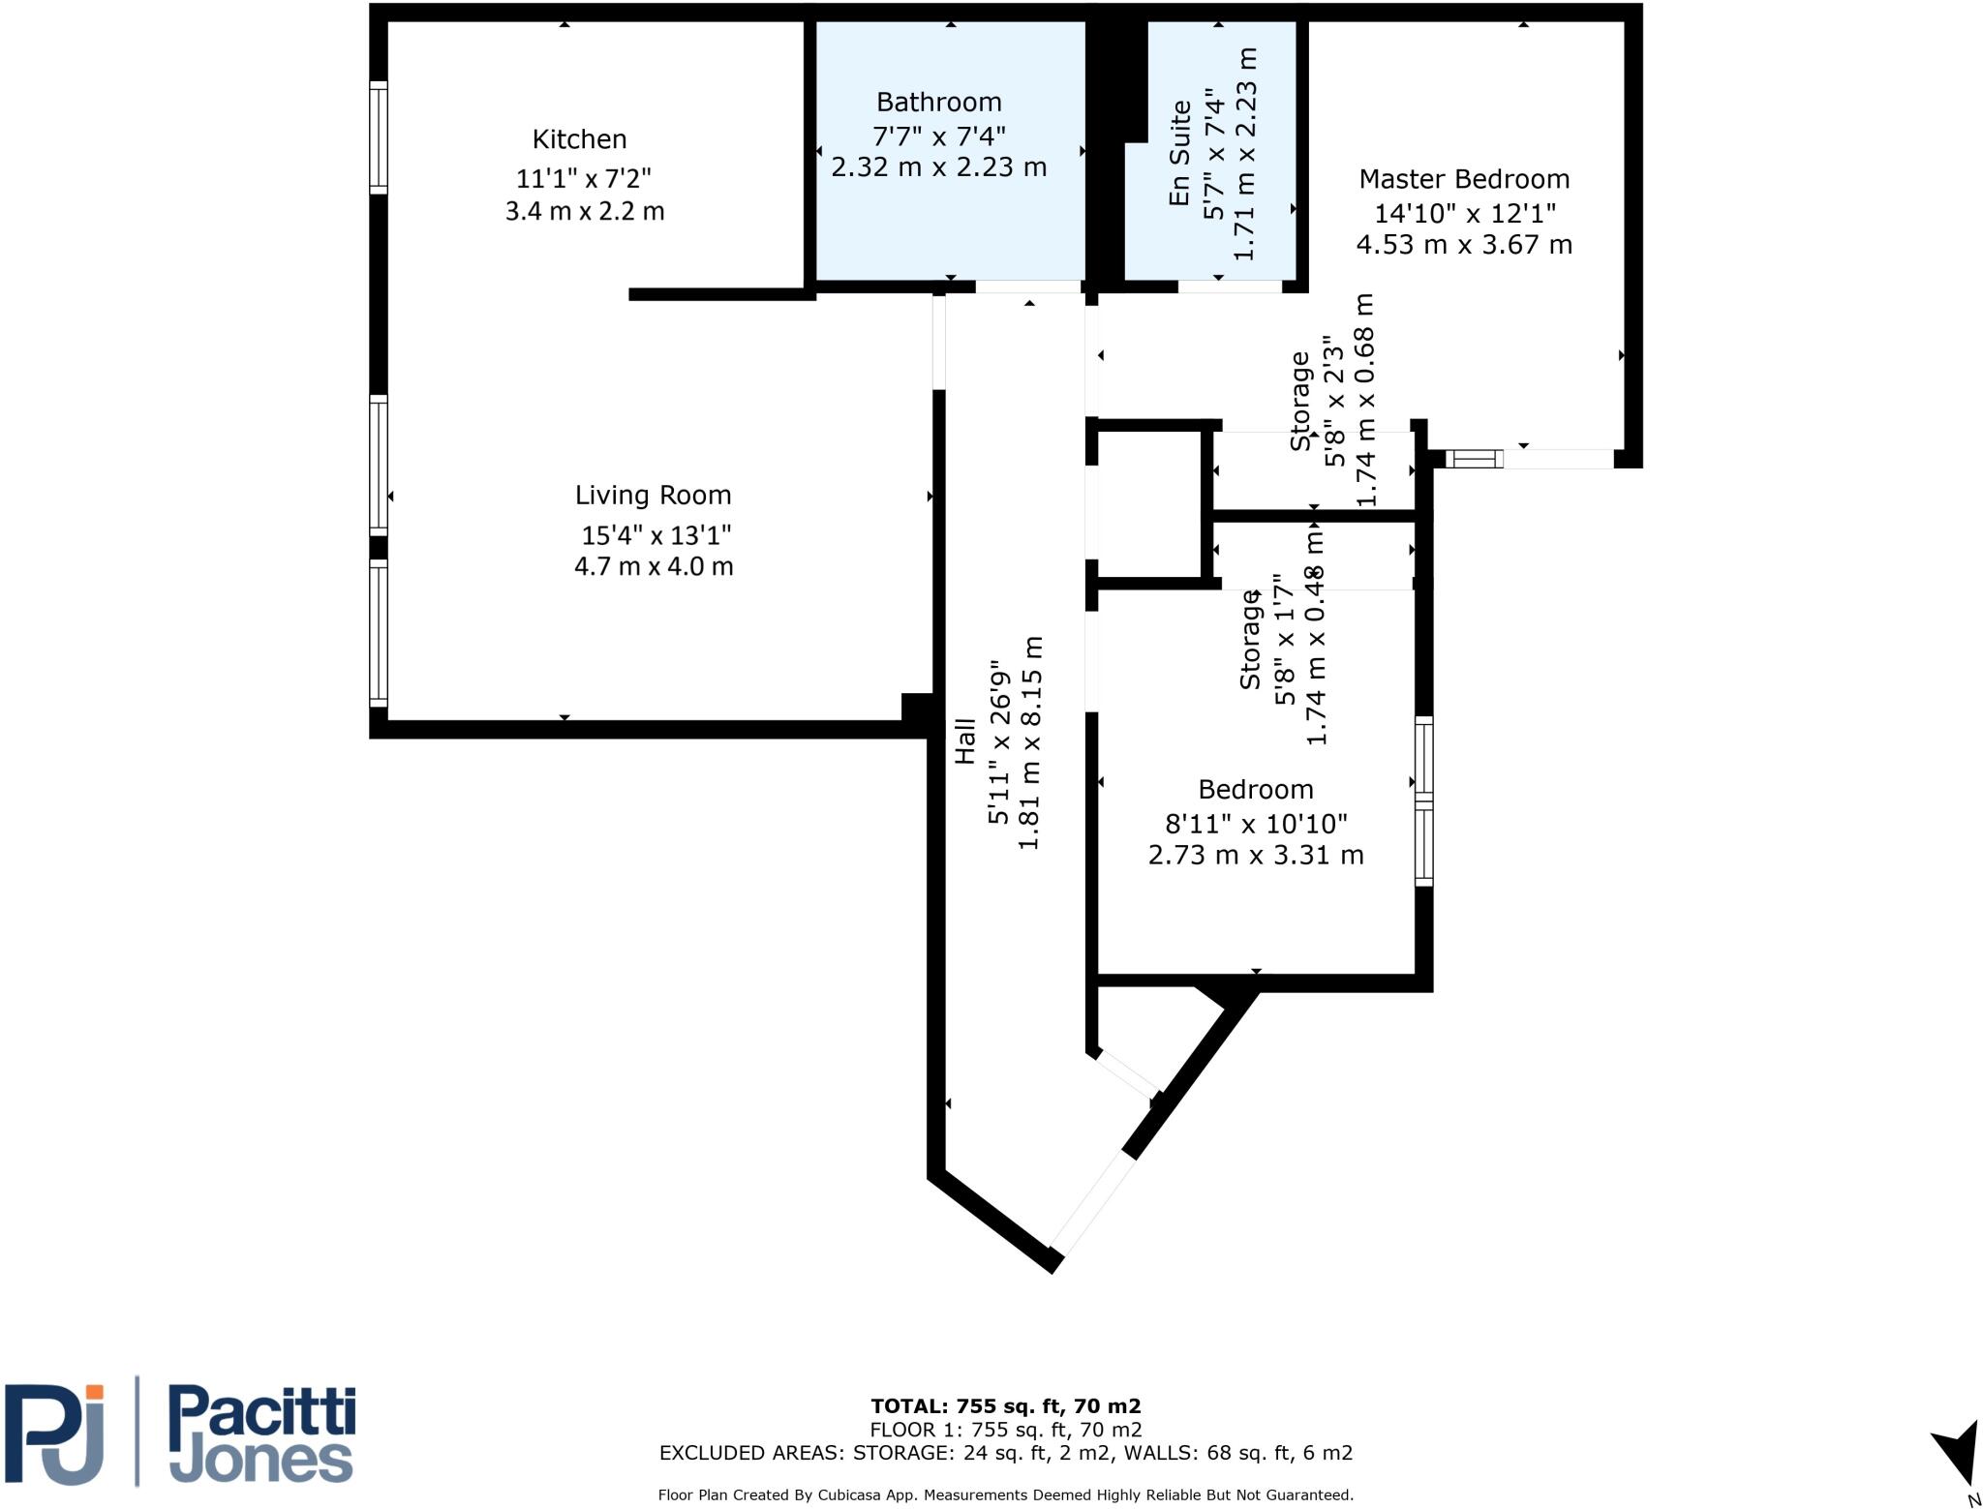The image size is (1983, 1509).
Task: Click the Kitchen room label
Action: tap(579, 139)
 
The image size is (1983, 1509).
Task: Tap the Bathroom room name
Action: tap(938, 102)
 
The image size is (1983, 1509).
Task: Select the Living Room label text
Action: tap(653, 496)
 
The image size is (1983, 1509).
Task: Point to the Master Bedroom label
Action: tap(1464, 179)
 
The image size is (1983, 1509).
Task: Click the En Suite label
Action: tap(1179, 153)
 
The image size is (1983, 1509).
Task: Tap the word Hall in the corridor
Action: tap(964, 740)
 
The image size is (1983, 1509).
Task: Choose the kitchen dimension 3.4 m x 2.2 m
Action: tap(585, 211)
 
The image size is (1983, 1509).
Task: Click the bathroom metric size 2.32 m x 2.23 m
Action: tap(939, 167)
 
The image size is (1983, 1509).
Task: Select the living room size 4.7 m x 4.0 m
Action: tap(654, 566)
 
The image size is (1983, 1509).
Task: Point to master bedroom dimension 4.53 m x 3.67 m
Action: tap(1464, 245)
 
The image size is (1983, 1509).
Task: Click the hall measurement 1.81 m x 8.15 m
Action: tap(1030, 743)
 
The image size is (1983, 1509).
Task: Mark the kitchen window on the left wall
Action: tap(379, 137)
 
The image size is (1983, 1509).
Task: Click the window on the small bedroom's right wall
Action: tap(1424, 800)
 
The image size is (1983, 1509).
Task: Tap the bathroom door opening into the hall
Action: tap(1028, 287)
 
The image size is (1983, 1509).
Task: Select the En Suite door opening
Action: tap(1230, 287)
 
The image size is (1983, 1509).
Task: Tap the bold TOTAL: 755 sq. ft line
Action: tap(1006, 1406)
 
